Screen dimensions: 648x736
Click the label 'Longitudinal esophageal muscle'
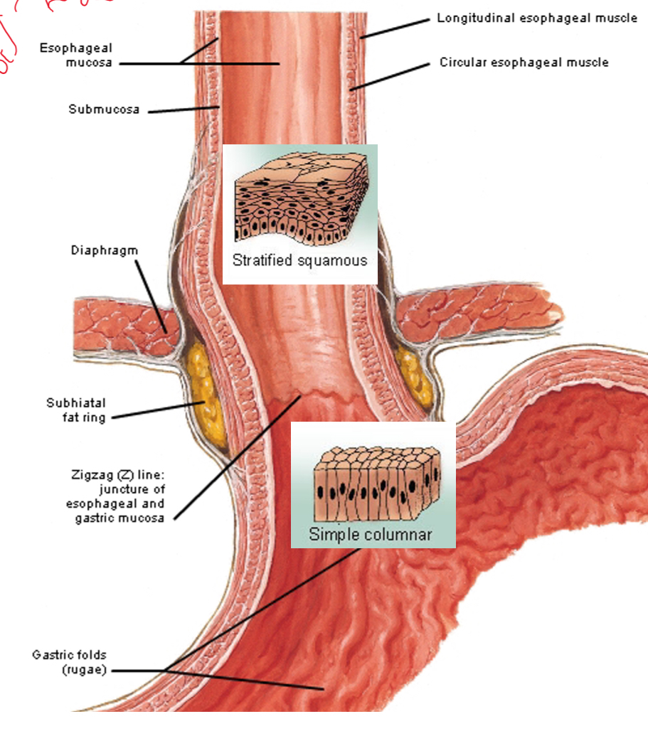[x=536, y=18]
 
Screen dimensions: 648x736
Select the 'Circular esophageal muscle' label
[x=524, y=63]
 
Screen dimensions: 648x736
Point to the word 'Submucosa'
[x=104, y=110]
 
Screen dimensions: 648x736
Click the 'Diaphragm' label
[x=104, y=250]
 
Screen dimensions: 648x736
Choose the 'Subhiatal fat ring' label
[x=76, y=410]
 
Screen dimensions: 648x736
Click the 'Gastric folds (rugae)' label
[x=69, y=661]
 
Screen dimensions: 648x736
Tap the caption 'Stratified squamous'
[x=299, y=260]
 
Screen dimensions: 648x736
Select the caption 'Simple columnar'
[x=370, y=534]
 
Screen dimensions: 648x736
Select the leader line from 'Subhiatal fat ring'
[x=153, y=410]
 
